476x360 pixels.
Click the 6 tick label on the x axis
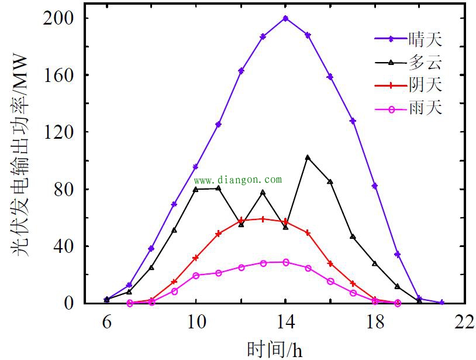point(106,322)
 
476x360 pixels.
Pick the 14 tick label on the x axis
point(285,322)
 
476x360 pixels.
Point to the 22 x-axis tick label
point(464,322)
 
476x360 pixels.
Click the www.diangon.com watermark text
point(237,180)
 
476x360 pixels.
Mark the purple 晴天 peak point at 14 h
point(285,18)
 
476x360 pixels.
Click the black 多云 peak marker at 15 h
point(308,157)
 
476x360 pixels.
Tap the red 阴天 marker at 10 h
point(196,258)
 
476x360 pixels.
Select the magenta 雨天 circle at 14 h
point(285,262)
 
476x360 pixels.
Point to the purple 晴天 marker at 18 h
point(375,186)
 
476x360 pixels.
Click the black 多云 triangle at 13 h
point(263,192)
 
